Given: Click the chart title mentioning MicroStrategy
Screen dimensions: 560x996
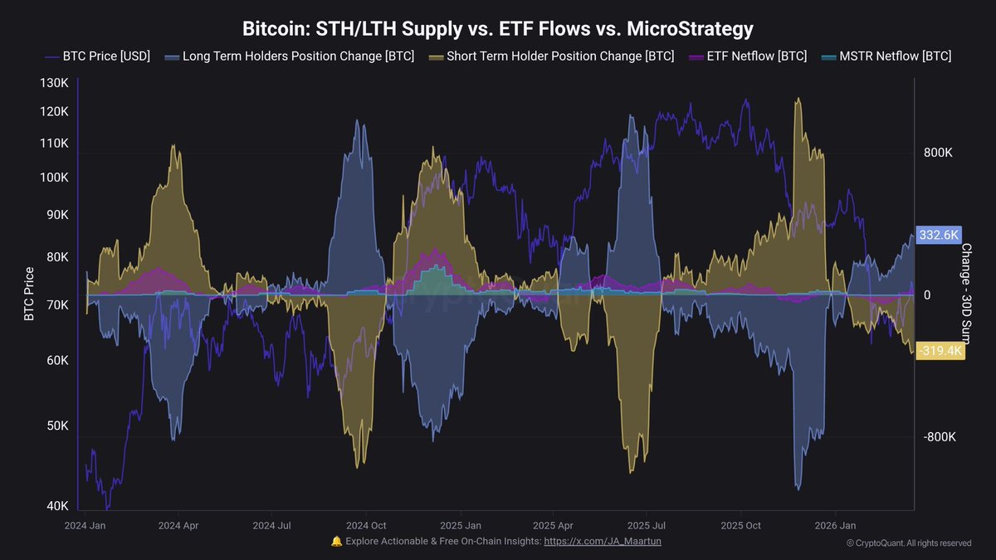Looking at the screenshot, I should pyautogui.click(x=498, y=29).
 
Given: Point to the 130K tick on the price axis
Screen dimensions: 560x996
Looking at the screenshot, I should pyautogui.click(x=53, y=83).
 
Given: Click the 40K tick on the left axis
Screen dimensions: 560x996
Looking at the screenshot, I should pyautogui.click(x=56, y=506).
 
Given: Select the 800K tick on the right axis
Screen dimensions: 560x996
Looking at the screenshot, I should pyautogui.click(x=937, y=153).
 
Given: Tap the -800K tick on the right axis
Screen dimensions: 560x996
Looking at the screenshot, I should pyautogui.click(x=939, y=437).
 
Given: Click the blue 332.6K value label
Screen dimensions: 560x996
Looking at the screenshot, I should pyautogui.click(x=939, y=235).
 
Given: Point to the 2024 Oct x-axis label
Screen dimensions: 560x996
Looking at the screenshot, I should pyautogui.click(x=366, y=525).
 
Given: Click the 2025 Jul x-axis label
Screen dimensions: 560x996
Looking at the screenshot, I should pyautogui.click(x=647, y=525).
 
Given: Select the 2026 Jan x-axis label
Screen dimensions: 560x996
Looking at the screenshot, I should pyautogui.click(x=835, y=525).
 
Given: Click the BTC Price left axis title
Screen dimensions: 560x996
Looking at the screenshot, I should pyautogui.click(x=30, y=294).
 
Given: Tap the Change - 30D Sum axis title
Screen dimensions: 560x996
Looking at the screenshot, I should pyautogui.click(x=966, y=291).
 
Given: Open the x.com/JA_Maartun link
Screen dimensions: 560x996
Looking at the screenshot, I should pyautogui.click(x=603, y=541).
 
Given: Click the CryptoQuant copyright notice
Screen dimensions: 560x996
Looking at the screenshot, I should pyautogui.click(x=909, y=543).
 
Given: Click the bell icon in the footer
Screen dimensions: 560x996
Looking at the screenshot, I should pyautogui.click(x=336, y=541).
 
